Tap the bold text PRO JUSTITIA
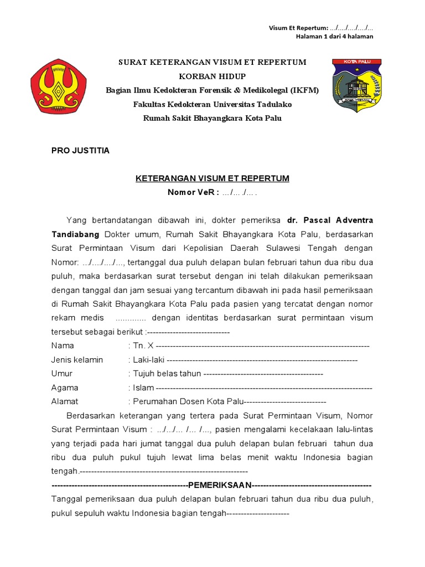(x=80, y=151)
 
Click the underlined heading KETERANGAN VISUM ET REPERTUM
(x=212, y=178)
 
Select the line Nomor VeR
(x=212, y=192)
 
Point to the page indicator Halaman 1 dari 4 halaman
(x=334, y=37)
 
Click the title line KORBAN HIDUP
(x=212, y=76)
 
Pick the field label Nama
(x=63, y=346)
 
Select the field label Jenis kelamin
(x=77, y=360)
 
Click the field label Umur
(x=62, y=374)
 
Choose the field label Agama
(x=65, y=388)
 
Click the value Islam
(x=143, y=388)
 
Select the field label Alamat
(x=65, y=401)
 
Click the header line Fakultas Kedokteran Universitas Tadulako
(x=212, y=104)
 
